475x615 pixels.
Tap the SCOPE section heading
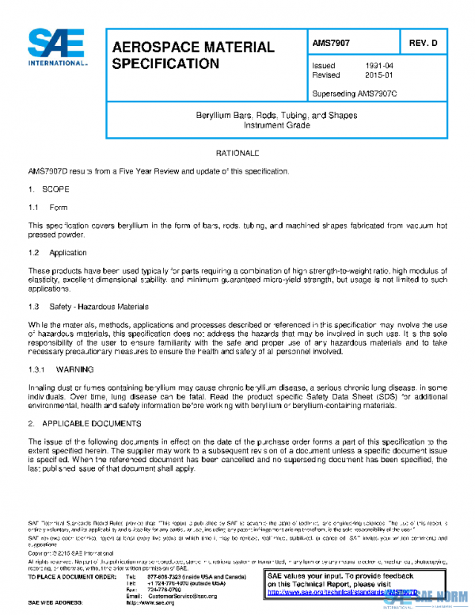pyautogui.click(x=49, y=190)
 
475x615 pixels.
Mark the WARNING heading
pyautogui.click(x=69, y=369)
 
